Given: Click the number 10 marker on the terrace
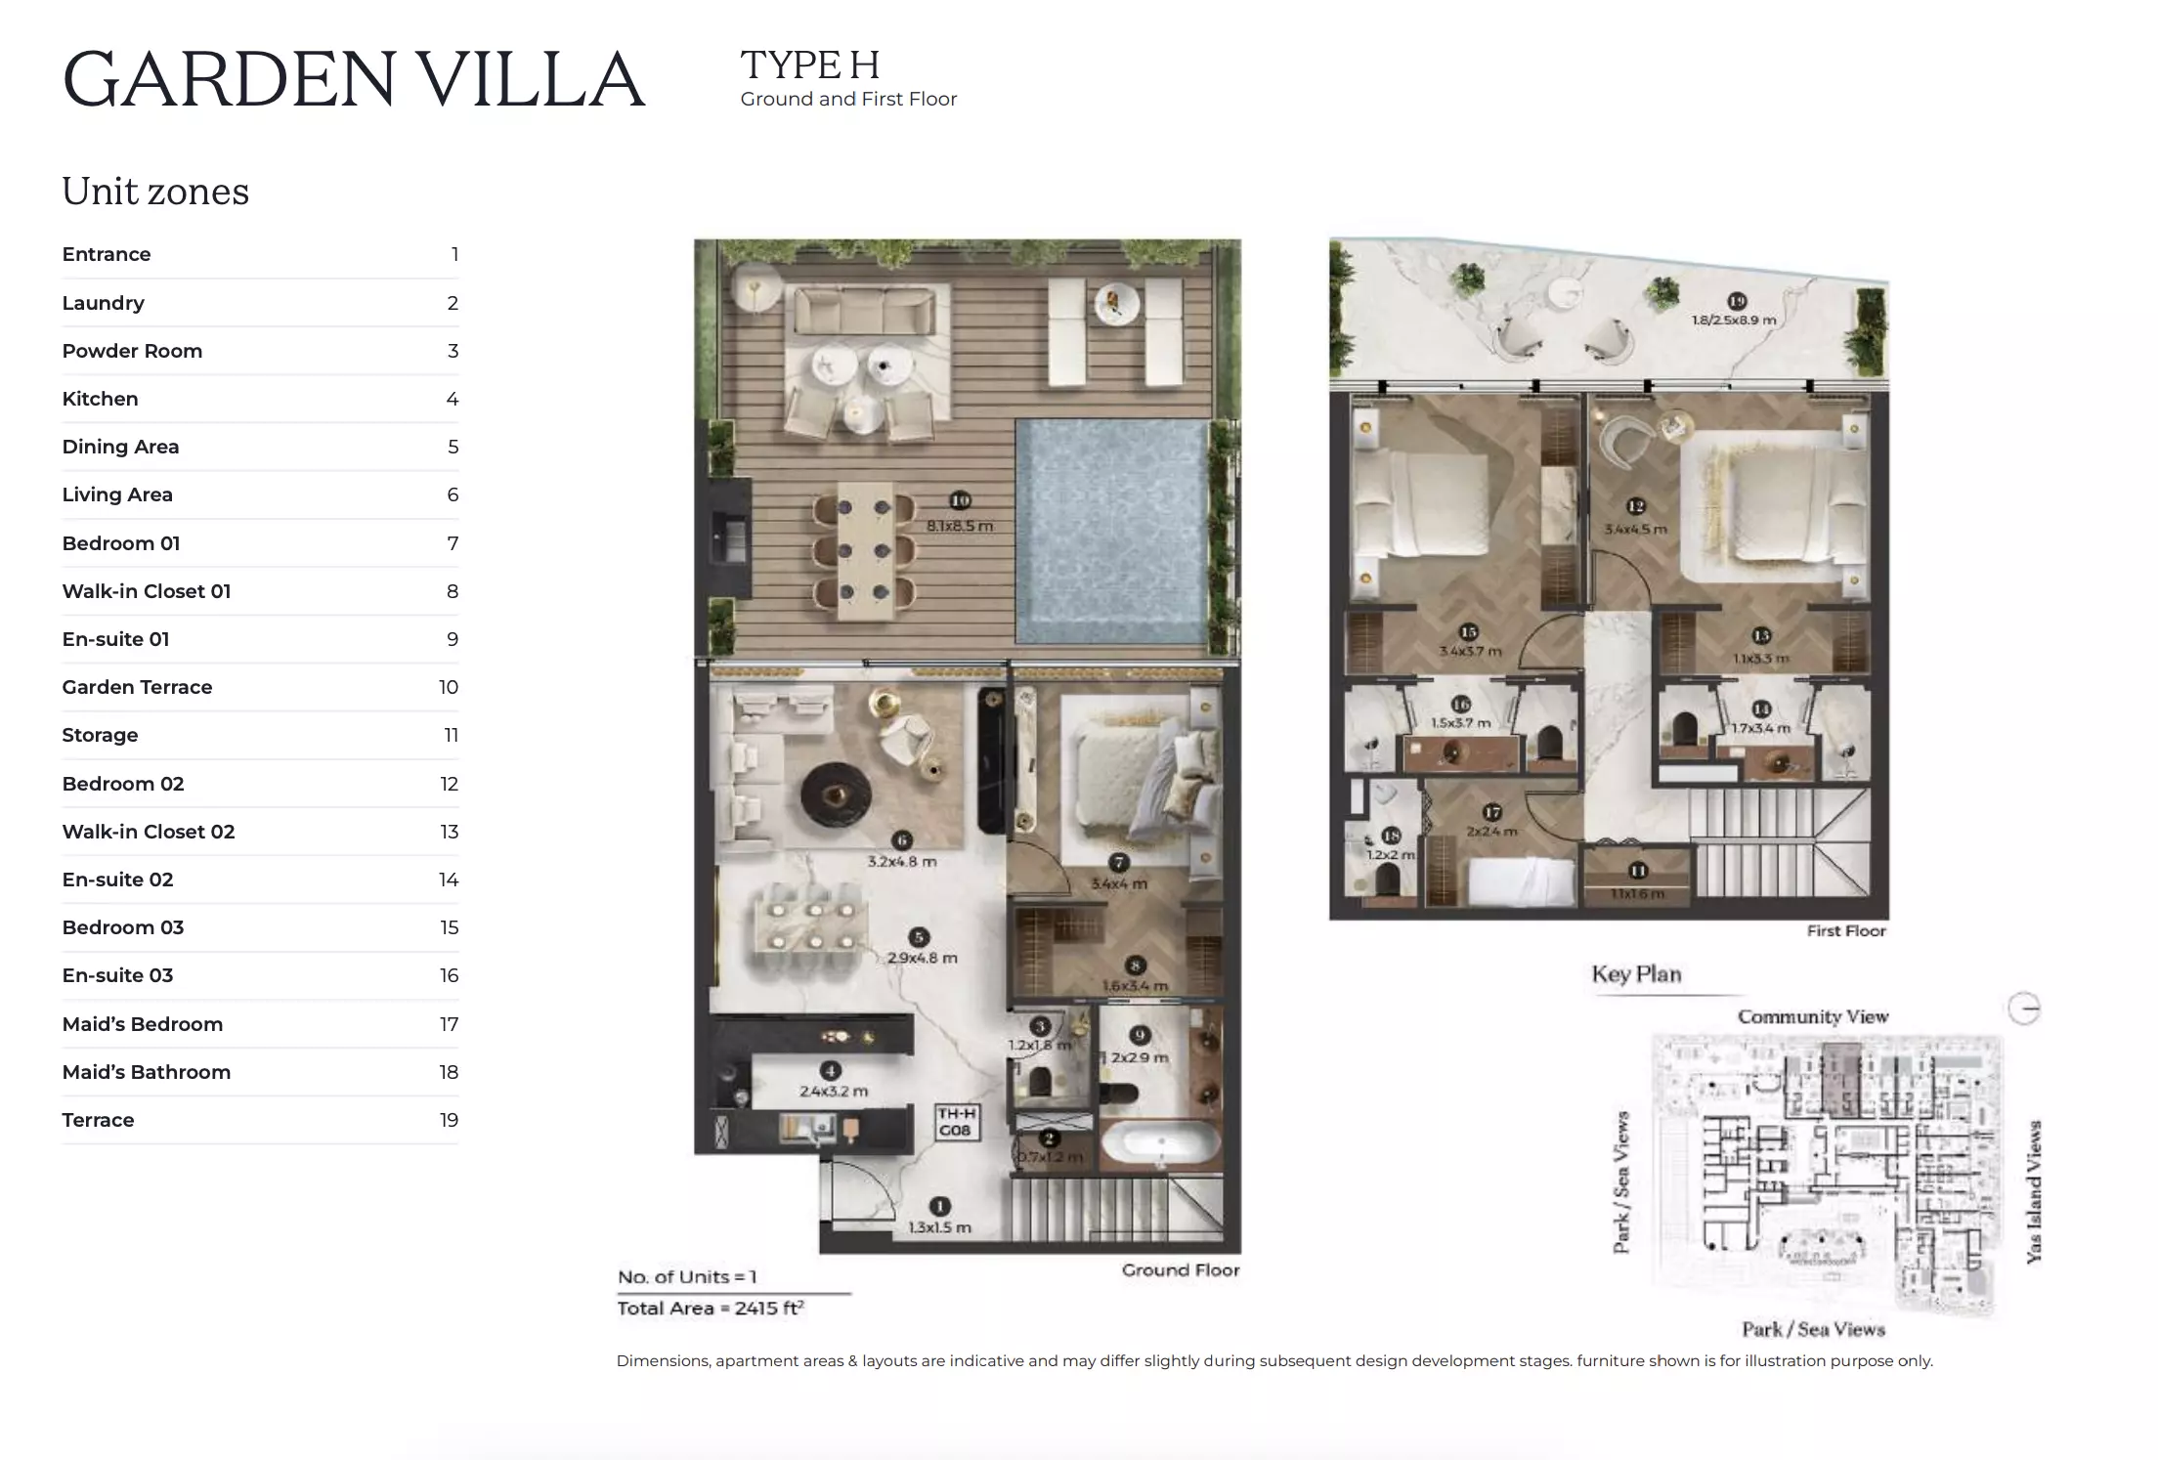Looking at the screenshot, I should [960, 500].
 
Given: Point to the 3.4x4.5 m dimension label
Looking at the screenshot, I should [1636, 529].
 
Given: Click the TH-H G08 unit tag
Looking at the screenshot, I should [956, 1122].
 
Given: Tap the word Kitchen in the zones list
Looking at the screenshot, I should [100, 399].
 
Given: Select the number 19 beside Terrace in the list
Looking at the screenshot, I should [449, 1120].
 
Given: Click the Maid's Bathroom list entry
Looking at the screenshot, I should [147, 1072].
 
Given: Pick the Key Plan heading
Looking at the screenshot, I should [1636, 974].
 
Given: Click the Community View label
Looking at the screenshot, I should [1812, 1016].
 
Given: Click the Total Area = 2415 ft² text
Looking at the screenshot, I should [711, 1309].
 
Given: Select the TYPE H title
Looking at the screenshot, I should [810, 66].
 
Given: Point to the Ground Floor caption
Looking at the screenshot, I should [1180, 1270].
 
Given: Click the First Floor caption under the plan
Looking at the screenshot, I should [1845, 931].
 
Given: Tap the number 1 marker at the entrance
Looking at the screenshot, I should [939, 1207].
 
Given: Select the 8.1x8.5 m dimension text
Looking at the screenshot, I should [960, 526].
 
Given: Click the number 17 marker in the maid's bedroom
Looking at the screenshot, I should [1491, 812].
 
